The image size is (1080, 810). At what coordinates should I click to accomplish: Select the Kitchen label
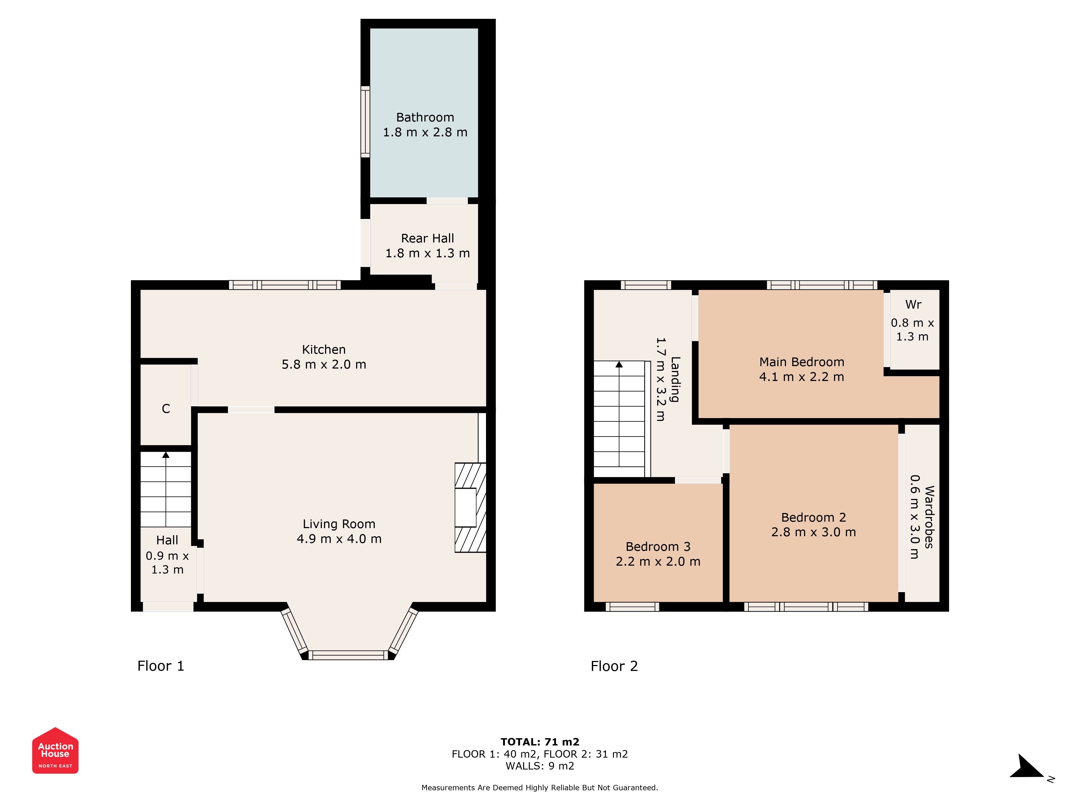[324, 350]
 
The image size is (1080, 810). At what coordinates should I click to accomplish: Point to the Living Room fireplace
[470, 507]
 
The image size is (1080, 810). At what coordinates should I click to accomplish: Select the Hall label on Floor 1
[167, 540]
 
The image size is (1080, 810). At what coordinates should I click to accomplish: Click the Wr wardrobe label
[913, 305]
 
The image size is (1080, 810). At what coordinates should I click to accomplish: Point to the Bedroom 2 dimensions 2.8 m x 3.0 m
[814, 532]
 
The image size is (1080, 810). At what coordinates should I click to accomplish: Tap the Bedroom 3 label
[658, 546]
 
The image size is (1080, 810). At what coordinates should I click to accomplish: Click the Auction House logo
[55, 750]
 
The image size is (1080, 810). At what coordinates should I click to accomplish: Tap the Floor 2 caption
[614, 666]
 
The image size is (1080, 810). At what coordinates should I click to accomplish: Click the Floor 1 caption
[161, 666]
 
